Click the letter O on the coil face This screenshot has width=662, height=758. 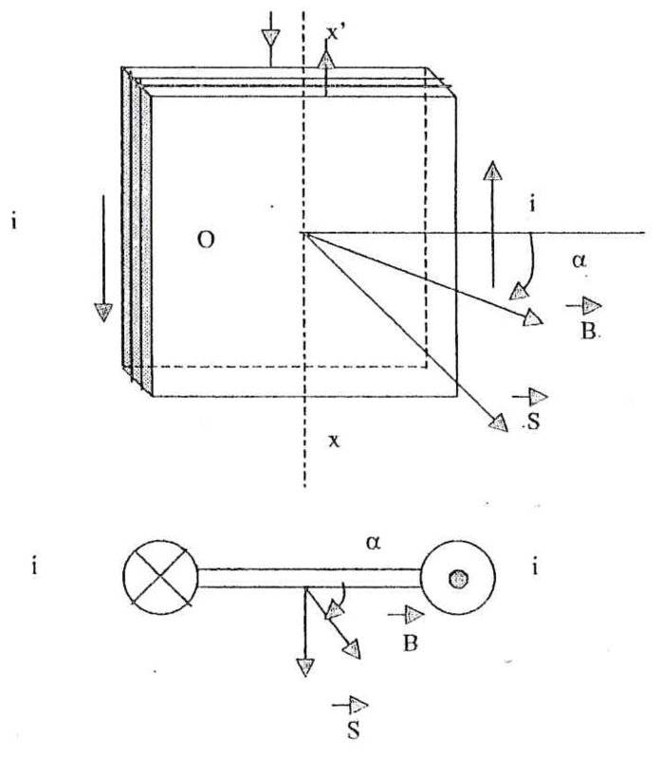tap(206, 240)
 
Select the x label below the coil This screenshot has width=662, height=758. tap(334, 441)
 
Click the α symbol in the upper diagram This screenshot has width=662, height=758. tap(579, 262)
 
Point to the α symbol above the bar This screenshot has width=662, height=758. tap(373, 543)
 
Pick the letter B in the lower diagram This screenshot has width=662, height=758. tap(410, 643)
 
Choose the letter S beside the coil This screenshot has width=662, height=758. tap(533, 421)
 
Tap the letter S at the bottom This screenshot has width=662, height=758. tap(353, 730)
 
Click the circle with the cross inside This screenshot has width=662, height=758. tap(160, 577)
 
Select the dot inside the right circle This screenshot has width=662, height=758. tap(458, 579)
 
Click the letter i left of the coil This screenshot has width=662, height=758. tap(14, 222)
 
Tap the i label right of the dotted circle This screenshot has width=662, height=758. tap(535, 566)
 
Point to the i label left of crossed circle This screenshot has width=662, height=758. tap(34, 566)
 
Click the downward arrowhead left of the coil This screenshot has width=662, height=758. tap(103, 313)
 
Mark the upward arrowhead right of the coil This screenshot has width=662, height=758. tap(492, 171)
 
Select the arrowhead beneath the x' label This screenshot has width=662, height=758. tap(326, 60)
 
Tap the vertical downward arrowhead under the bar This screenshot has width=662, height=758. tap(305, 668)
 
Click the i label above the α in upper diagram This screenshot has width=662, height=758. tap(532, 204)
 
